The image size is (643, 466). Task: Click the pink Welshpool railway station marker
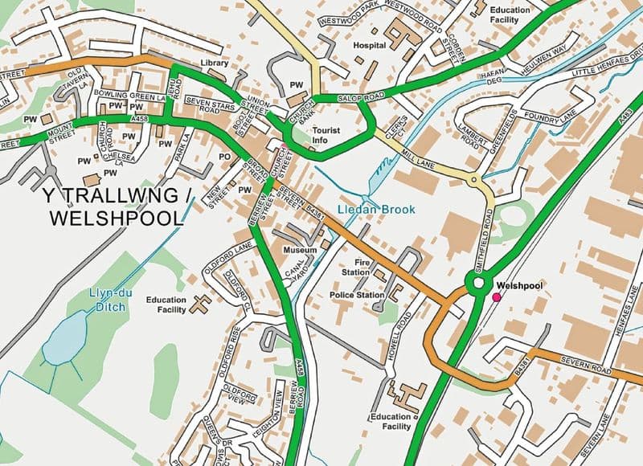point(497,297)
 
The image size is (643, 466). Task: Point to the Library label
point(215,63)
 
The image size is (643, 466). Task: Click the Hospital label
point(370,46)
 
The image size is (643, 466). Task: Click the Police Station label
point(358,295)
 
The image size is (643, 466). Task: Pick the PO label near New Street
point(224,157)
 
